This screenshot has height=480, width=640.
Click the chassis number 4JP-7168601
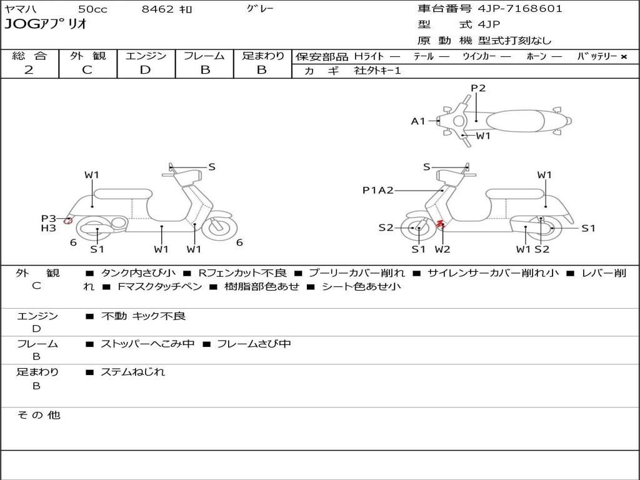(x=520, y=9)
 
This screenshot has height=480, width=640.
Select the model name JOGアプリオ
(x=45, y=25)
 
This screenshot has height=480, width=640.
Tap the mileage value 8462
(x=158, y=9)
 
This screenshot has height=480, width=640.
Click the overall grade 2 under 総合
(x=29, y=70)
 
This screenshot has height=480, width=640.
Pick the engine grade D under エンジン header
(x=145, y=70)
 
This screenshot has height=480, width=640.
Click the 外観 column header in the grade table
(x=87, y=56)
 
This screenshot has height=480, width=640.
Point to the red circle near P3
(x=68, y=220)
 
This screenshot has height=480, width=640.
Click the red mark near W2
(x=439, y=223)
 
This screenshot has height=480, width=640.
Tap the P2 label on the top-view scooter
(x=478, y=88)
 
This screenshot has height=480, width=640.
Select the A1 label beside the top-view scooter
(x=418, y=121)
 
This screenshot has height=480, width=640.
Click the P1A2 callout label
(x=378, y=190)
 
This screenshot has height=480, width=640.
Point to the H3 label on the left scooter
(x=49, y=228)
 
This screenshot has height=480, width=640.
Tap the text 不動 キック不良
(x=143, y=316)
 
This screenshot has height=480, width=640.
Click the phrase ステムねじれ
(x=132, y=372)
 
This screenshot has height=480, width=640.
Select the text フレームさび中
(x=254, y=344)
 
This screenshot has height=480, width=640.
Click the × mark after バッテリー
(x=624, y=56)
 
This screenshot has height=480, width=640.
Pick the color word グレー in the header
(x=260, y=9)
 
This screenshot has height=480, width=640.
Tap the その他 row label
(x=38, y=415)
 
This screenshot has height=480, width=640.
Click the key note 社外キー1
(x=377, y=71)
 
